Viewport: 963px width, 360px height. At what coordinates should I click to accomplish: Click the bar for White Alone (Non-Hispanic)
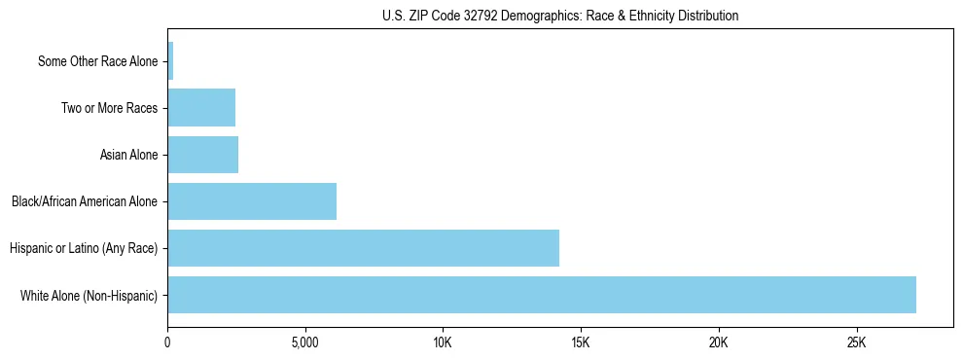(x=542, y=295)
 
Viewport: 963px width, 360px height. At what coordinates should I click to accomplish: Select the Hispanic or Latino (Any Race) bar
(x=363, y=248)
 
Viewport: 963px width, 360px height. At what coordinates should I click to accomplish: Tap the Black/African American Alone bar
(x=252, y=201)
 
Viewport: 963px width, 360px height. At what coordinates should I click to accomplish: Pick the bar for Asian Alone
(x=203, y=155)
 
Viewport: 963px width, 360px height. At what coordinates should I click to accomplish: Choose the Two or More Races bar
(x=201, y=108)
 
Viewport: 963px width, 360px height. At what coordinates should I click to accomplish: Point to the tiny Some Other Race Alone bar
(x=170, y=61)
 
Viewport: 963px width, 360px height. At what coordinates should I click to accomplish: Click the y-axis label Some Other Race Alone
(x=97, y=61)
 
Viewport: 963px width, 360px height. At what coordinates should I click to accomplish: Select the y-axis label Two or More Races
(x=109, y=108)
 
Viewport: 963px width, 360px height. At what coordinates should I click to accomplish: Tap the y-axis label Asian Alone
(x=128, y=155)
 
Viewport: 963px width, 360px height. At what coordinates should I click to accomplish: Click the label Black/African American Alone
(x=85, y=201)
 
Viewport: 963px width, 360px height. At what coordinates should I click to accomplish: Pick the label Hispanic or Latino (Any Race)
(x=84, y=248)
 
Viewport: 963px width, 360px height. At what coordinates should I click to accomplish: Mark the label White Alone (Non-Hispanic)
(x=89, y=295)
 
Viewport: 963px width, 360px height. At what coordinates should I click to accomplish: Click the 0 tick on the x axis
(x=167, y=342)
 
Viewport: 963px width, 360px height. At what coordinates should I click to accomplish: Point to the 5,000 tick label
(x=305, y=342)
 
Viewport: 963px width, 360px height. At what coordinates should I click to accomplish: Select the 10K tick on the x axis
(x=443, y=342)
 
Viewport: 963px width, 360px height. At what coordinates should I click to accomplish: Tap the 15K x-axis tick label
(x=581, y=342)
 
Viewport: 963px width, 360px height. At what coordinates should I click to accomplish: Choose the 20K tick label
(x=719, y=342)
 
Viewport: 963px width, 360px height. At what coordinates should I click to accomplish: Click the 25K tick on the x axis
(x=856, y=342)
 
